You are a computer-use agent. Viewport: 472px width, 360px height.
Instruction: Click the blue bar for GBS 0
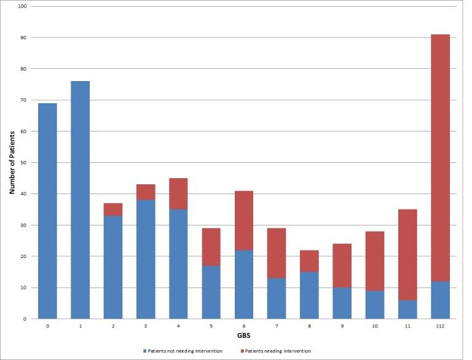(x=47, y=211)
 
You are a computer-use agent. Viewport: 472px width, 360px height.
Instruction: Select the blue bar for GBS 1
(x=80, y=200)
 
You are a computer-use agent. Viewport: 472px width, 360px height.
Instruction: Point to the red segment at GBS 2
(x=112, y=209)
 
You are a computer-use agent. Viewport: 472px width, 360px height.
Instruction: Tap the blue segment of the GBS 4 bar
(x=178, y=264)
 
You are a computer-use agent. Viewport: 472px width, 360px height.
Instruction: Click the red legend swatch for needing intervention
(x=242, y=351)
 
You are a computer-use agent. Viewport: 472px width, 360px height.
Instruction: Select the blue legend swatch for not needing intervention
(x=145, y=351)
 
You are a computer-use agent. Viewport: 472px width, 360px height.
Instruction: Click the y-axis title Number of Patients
(x=12, y=162)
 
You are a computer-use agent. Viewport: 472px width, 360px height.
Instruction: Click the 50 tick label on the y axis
(x=23, y=162)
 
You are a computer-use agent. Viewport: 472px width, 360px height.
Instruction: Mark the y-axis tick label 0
(x=25, y=319)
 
